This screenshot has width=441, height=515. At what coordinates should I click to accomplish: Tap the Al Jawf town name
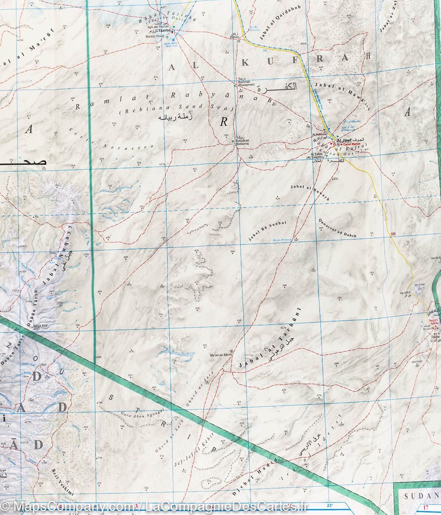[x=345, y=140]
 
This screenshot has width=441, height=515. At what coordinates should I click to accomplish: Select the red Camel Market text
[x=351, y=144]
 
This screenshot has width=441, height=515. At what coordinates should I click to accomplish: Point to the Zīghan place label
[x=234, y=38]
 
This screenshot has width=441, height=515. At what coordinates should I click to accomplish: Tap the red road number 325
[x=394, y=234]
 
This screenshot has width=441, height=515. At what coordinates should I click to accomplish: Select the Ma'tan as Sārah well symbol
[x=232, y=351]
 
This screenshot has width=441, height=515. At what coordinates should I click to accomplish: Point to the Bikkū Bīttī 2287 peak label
[x=40, y=327]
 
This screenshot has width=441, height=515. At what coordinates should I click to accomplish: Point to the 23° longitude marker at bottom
[x=330, y=505]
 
